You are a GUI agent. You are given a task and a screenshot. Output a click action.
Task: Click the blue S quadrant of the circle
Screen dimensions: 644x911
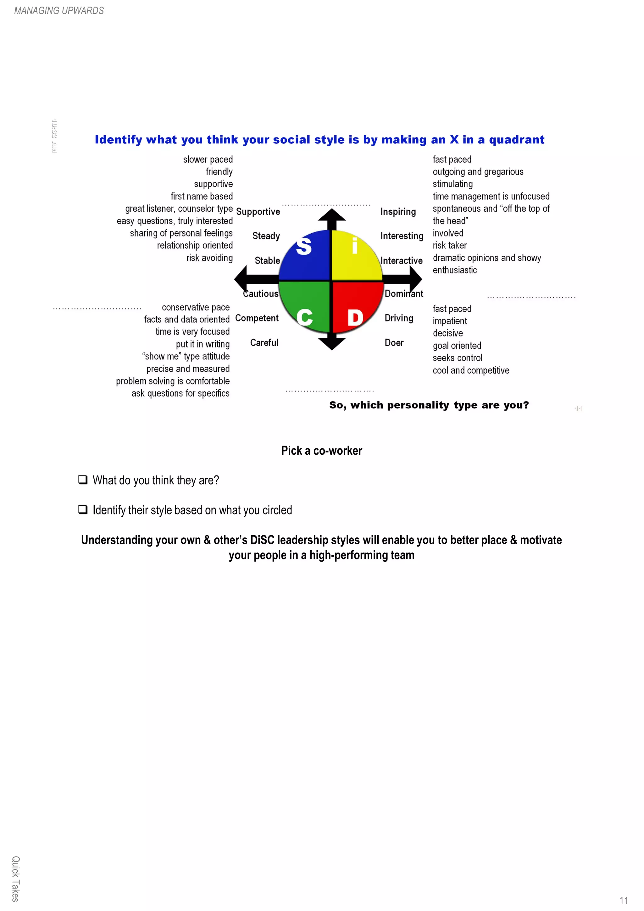[x=306, y=256]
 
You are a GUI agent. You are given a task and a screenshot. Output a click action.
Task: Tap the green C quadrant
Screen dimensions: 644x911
[x=306, y=306]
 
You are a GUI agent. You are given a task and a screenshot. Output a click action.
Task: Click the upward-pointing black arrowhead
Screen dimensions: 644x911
[x=332, y=216]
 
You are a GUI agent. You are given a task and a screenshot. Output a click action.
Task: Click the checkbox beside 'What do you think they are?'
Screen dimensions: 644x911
[x=82, y=480]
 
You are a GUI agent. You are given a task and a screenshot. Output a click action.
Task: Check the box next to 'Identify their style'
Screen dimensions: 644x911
[x=82, y=509]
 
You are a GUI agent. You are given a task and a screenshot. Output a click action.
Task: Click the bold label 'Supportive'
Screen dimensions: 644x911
[x=258, y=212]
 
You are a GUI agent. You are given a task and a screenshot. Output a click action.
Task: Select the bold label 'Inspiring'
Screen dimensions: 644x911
[x=398, y=212]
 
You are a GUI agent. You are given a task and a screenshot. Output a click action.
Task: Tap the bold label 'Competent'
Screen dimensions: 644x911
[x=257, y=318]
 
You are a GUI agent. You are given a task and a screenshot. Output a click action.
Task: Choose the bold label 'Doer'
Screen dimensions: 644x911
[x=394, y=342]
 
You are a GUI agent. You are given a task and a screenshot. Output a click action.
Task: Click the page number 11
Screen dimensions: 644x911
[x=623, y=900]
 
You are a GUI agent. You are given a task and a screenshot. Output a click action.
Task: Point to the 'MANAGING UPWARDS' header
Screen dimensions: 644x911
[x=59, y=11]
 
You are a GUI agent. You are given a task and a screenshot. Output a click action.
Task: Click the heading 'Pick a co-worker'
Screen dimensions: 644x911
[x=321, y=450]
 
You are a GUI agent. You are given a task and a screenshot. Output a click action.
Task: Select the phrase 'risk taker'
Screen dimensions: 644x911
[x=450, y=245]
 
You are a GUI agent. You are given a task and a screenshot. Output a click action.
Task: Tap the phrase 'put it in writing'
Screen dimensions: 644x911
[x=203, y=344]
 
